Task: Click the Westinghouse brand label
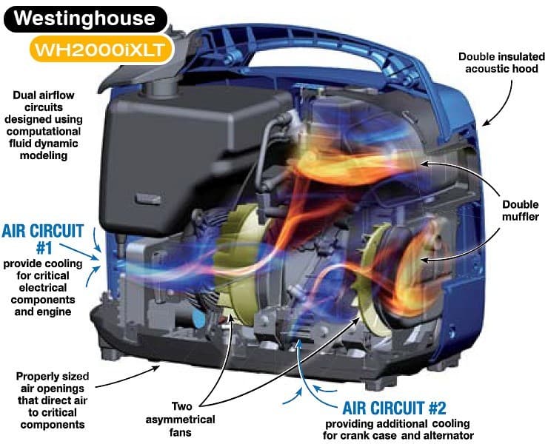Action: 85,18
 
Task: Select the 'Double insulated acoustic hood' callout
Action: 501,63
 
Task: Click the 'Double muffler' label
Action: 521,210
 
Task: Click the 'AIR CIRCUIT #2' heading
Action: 394,408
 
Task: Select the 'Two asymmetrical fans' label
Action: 181,420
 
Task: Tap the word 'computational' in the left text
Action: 44,131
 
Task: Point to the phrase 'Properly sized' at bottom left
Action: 53,376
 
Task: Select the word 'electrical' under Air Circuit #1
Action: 43,288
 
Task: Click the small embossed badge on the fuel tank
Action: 149,199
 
